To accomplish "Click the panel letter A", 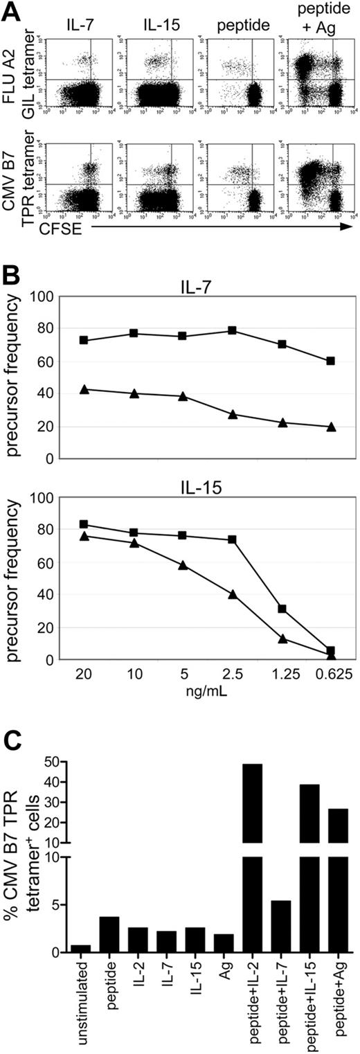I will (10, 10).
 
